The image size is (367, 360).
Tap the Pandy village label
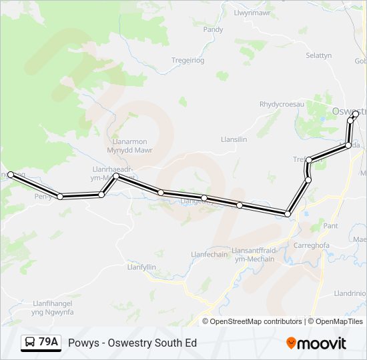213,29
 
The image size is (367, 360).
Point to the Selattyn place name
318,55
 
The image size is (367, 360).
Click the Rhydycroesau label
281,104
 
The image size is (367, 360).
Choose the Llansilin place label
234,139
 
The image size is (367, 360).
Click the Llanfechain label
210,254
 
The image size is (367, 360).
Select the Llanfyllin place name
141,267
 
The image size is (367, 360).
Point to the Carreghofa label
312,245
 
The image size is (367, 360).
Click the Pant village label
330,226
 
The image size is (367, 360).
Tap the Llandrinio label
350,293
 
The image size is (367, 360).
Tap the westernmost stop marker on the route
11,175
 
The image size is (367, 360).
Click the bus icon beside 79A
30,343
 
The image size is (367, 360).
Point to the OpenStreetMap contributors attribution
256,321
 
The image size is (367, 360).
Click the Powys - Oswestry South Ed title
132,343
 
